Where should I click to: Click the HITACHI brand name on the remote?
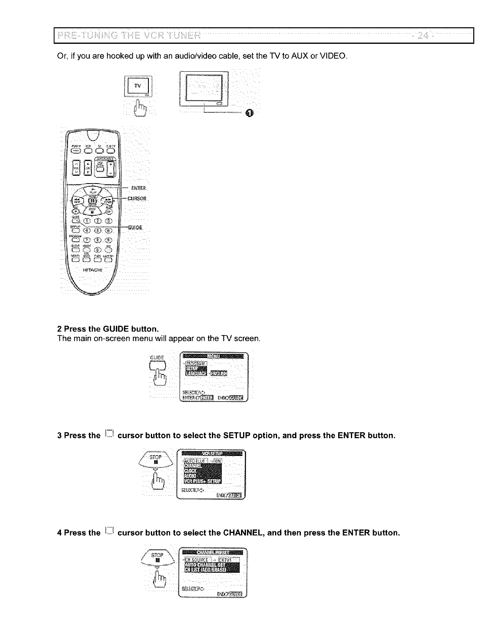tap(93, 269)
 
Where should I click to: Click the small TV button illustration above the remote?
tap(139, 86)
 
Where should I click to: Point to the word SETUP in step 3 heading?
tap(237, 435)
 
